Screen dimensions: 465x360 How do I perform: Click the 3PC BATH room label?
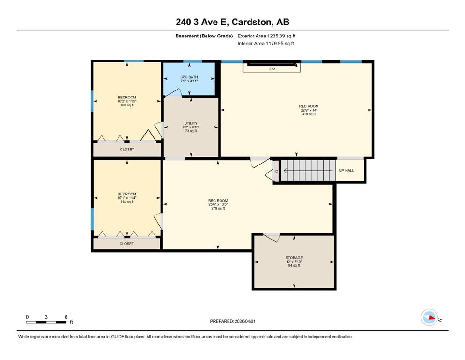[x=189, y=77]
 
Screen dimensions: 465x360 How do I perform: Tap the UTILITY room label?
[x=191, y=123]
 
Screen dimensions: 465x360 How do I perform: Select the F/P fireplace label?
[x=272, y=69]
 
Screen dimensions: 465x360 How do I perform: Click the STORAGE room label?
[x=294, y=258]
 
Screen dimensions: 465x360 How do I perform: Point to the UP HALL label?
[x=347, y=171]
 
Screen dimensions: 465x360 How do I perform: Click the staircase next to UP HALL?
[x=309, y=170]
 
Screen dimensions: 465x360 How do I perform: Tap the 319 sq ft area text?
[x=309, y=114]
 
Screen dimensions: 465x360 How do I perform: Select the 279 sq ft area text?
[x=218, y=208]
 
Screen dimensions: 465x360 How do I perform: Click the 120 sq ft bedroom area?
[x=127, y=105]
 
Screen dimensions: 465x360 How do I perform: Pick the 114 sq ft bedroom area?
[x=127, y=202]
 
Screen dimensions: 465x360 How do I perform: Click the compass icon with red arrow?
[x=429, y=317]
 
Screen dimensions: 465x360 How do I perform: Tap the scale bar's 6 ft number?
[x=66, y=317]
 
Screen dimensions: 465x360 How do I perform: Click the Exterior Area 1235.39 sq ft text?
[x=266, y=36]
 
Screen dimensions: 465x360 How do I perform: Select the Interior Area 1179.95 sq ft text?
[x=266, y=43]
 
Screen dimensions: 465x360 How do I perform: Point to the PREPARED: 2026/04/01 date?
[x=233, y=321]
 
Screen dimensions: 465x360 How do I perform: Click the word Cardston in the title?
[x=251, y=22]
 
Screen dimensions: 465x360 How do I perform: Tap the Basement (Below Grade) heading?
[x=204, y=36]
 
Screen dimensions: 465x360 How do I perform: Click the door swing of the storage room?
[x=272, y=238]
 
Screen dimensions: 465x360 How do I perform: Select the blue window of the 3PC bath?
[x=192, y=61]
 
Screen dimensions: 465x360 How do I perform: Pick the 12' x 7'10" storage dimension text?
[x=294, y=262]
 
